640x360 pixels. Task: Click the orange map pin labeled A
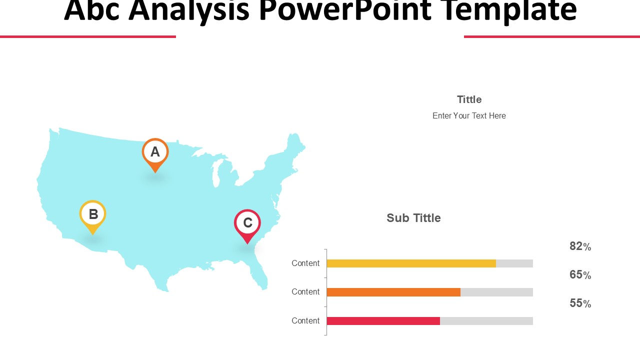click(155, 152)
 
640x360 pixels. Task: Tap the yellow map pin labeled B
click(93, 214)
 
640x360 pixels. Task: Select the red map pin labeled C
click(247, 223)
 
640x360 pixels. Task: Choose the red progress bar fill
click(383, 321)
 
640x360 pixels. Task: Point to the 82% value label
click(580, 246)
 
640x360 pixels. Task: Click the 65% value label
click(580, 275)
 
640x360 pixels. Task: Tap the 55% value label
click(580, 303)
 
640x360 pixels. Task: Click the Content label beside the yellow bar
click(305, 263)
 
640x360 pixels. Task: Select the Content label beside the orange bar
click(305, 292)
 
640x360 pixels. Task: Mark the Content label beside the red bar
click(305, 321)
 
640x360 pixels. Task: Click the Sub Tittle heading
click(413, 218)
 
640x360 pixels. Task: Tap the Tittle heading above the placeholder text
click(469, 99)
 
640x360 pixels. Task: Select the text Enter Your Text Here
click(469, 116)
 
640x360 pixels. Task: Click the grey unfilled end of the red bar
click(486, 321)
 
